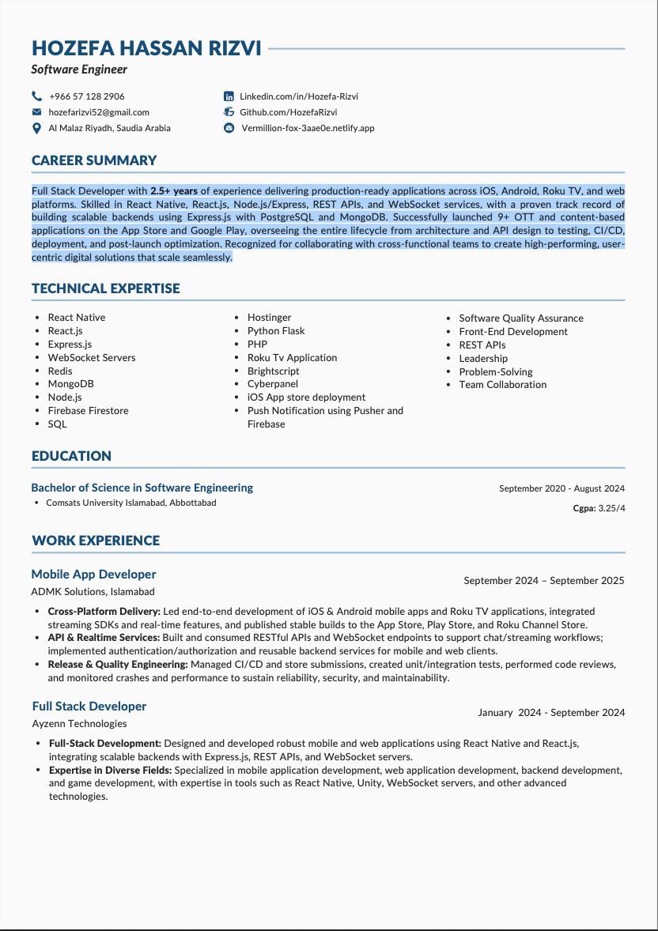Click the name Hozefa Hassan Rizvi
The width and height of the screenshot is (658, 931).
click(x=146, y=48)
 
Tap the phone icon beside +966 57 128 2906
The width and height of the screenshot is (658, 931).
click(x=36, y=96)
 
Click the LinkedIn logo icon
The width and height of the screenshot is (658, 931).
click(x=229, y=96)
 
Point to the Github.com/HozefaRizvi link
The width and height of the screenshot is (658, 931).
click(x=288, y=112)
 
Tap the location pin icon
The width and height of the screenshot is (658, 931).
click(x=36, y=128)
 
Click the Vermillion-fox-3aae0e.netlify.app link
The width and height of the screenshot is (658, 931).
click(x=308, y=128)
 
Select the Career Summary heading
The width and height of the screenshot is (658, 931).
click(x=94, y=160)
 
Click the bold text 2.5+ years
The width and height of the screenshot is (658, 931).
click(x=174, y=190)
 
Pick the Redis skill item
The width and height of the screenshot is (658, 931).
click(x=60, y=371)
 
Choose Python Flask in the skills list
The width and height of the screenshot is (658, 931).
click(x=276, y=331)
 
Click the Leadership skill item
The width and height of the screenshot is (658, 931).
click(x=483, y=358)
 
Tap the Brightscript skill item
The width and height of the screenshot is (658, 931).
click(x=273, y=371)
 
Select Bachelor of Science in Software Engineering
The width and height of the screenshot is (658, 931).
click(x=142, y=488)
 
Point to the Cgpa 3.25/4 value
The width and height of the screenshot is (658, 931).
click(x=599, y=508)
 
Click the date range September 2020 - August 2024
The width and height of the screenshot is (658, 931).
click(x=562, y=488)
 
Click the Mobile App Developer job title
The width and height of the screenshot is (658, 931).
click(x=93, y=575)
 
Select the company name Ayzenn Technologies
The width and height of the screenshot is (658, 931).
click(x=79, y=723)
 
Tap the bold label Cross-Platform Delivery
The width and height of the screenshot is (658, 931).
click(x=104, y=612)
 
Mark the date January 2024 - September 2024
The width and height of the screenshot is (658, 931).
click(x=550, y=713)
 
